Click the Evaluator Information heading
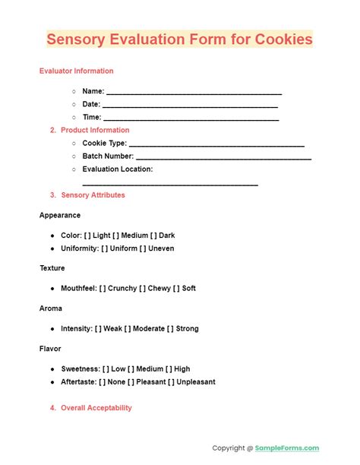(x=77, y=71)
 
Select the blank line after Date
(x=190, y=105)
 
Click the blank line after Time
(x=191, y=118)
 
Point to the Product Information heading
(x=95, y=130)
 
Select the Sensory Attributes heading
(x=93, y=195)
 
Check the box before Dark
(x=154, y=236)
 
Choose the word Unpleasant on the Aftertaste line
(x=194, y=382)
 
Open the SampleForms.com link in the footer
(x=286, y=448)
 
